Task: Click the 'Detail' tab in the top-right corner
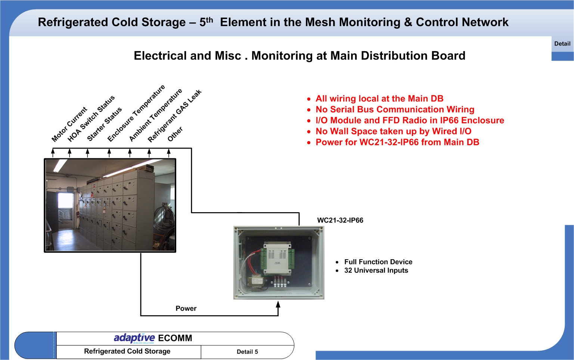point(562,44)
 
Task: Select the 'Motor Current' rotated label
point(69,124)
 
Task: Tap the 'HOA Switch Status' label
point(91,119)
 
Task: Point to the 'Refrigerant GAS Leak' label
point(174,116)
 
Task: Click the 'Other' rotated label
point(175,134)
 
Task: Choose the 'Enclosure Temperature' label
point(136,113)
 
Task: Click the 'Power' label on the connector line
point(186,308)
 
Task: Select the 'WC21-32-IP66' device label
point(340,220)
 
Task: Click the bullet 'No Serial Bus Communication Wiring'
point(395,109)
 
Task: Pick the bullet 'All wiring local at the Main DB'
point(379,99)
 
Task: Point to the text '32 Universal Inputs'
point(376,270)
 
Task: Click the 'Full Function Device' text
point(378,262)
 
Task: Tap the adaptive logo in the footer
point(134,338)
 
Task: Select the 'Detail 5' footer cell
point(247,352)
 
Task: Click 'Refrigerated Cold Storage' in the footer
point(127,351)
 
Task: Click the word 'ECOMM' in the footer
point(175,338)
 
